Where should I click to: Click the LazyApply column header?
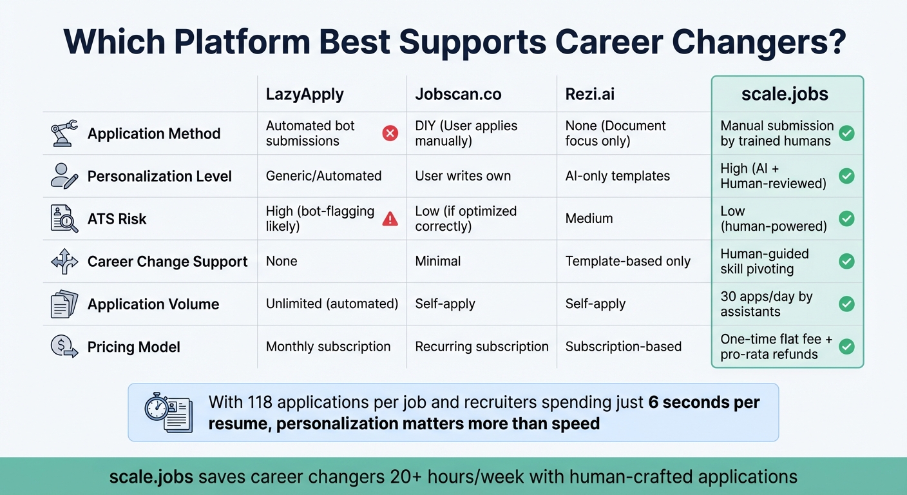click(305, 94)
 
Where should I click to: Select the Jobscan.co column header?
click(458, 94)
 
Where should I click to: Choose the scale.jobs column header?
click(785, 94)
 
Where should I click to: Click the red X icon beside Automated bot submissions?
click(390, 133)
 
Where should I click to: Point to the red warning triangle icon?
click(390, 219)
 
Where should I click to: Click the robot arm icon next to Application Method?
click(64, 133)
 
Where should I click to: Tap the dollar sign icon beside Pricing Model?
click(64, 347)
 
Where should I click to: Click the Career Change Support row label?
click(167, 262)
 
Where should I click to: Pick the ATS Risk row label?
click(117, 219)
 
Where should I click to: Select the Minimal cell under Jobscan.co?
click(437, 262)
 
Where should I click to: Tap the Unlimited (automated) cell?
click(332, 304)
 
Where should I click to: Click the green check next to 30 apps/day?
click(846, 304)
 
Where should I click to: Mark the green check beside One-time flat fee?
click(846, 347)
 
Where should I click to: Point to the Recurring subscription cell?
click(481, 347)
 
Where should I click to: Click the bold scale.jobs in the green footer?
click(151, 477)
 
